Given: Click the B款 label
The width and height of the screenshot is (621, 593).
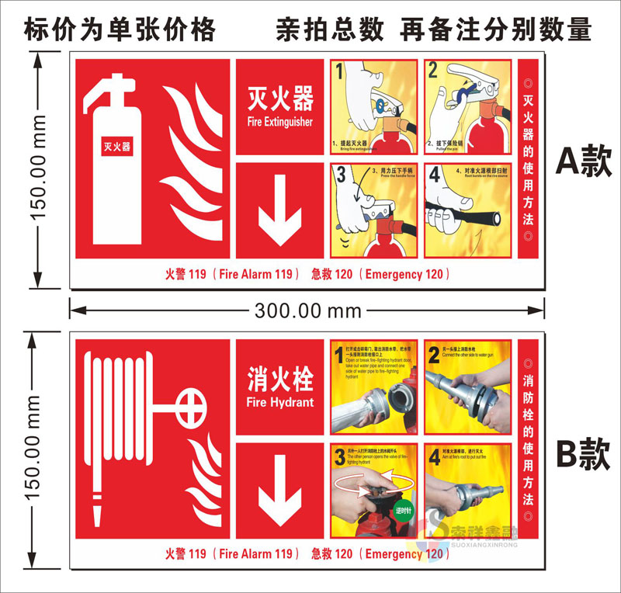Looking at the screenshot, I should (585, 453).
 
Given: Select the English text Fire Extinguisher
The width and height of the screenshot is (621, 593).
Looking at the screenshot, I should (280, 123).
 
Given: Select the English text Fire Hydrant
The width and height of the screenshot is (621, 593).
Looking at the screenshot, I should (280, 402).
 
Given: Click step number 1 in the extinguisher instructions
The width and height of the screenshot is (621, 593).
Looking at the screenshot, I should (339, 72).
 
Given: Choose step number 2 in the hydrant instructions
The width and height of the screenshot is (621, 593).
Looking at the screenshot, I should (434, 355).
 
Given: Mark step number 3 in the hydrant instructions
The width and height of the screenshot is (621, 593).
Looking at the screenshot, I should (339, 456).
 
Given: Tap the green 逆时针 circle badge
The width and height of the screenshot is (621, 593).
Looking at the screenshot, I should (404, 512).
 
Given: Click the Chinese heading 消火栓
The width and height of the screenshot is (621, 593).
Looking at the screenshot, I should (280, 380).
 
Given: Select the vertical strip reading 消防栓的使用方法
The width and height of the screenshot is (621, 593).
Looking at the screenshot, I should (529, 439).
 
